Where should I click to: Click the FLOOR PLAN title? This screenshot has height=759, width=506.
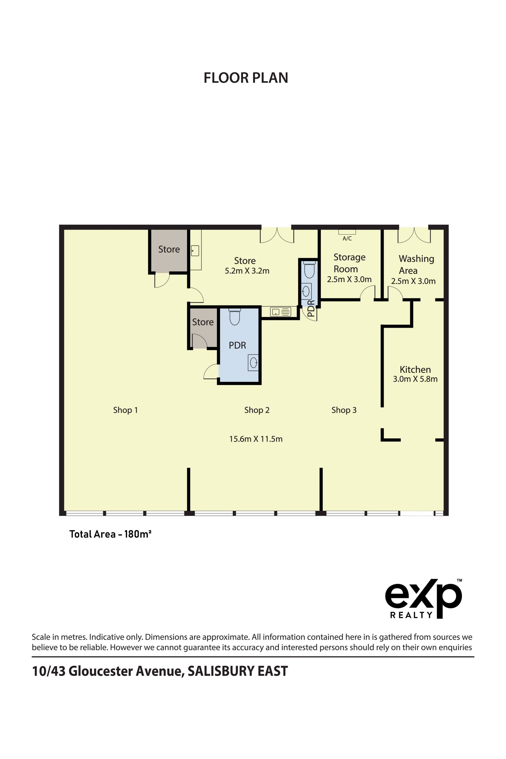(x=246, y=78)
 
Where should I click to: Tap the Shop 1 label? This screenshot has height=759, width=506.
(x=125, y=410)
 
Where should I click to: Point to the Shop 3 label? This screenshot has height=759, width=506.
(x=344, y=410)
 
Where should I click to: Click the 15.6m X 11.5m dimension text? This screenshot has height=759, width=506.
(x=256, y=439)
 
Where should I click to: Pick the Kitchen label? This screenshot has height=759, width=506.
(x=415, y=369)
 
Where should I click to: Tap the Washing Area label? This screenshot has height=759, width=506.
(x=416, y=265)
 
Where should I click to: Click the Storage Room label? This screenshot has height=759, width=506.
(x=349, y=263)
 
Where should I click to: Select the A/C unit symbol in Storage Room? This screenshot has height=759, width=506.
(x=347, y=232)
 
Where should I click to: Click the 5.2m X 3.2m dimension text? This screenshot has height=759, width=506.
(x=247, y=271)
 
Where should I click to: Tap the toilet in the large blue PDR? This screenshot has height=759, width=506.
(x=235, y=317)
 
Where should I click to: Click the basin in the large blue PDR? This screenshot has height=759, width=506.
(x=253, y=363)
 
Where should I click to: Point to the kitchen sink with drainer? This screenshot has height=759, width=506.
(x=280, y=312)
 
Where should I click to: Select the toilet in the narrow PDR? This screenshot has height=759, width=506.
(x=309, y=270)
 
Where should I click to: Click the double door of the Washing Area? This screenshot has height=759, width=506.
(x=414, y=235)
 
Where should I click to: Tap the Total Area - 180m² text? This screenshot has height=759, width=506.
(x=110, y=534)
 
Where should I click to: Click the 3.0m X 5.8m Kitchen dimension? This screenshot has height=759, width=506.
(x=415, y=379)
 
